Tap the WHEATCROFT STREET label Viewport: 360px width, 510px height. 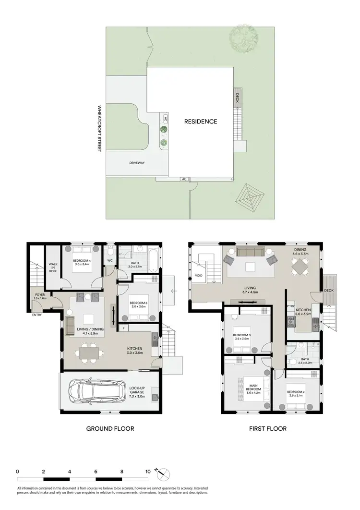[99, 129]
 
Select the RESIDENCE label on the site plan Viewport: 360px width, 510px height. [201, 121]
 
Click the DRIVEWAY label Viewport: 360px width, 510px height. [137, 163]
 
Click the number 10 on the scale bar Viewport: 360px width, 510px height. [148, 472]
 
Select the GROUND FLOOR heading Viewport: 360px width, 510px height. [110, 428]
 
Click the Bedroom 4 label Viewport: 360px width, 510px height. [82, 262]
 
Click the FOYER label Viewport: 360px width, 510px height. [39, 296]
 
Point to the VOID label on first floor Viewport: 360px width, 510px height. [199, 276]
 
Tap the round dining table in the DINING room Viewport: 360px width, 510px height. [301, 266]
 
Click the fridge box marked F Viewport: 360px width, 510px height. [124, 328]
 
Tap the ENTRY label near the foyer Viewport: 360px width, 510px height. [36, 315]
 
